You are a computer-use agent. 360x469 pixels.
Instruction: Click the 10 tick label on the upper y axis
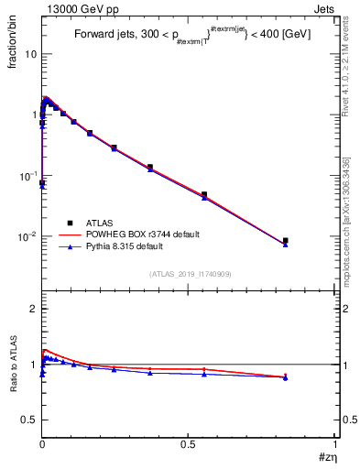tap(30, 54)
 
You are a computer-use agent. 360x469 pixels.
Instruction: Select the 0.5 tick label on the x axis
tap(188, 443)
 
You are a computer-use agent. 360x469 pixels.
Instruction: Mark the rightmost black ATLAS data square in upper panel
tap(286, 241)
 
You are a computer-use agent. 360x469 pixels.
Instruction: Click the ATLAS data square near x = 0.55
tap(203, 194)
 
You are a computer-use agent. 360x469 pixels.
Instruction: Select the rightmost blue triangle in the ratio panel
tap(286, 378)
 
